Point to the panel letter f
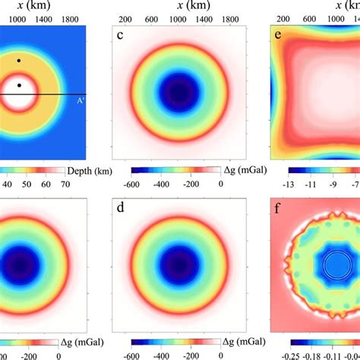point(283,206)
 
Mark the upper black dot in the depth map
point(19,60)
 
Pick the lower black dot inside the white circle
point(19,85)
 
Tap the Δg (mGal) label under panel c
point(242,171)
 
